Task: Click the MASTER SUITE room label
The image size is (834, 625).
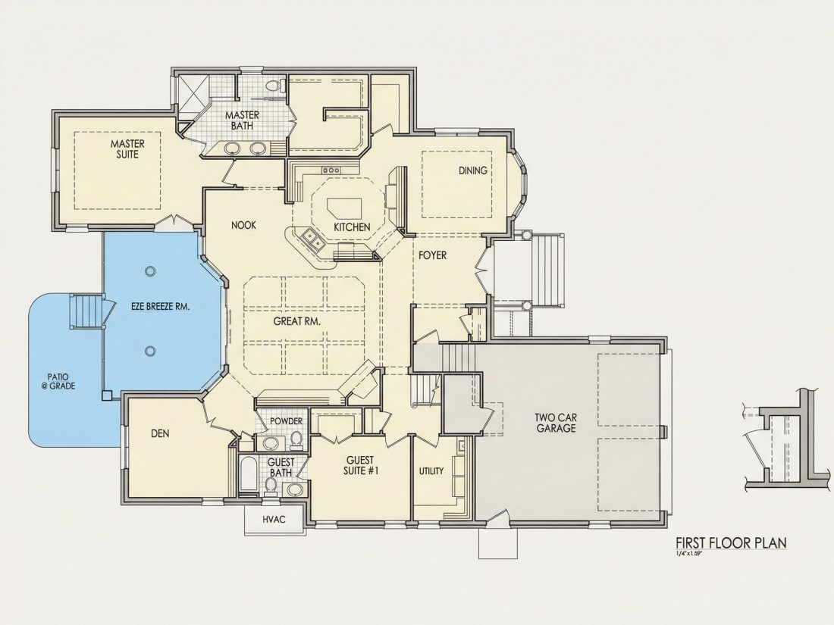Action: pos(127,148)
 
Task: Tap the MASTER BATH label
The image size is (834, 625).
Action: pos(242,120)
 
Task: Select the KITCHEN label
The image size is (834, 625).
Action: pos(352,227)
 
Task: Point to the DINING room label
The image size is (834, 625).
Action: pos(473,170)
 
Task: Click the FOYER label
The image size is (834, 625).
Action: pos(432,255)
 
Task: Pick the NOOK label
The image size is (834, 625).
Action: pos(243,225)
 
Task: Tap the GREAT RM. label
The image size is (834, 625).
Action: pos(296,321)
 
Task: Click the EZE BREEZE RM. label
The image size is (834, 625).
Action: pos(161,307)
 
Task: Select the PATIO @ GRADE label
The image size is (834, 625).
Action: pos(58,382)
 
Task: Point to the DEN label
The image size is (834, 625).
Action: pos(160,433)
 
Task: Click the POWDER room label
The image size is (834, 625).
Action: pos(286,421)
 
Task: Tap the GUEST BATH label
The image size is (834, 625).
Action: pos(281,467)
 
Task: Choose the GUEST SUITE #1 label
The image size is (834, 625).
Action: pos(361,465)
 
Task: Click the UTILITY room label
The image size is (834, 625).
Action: pos(431,471)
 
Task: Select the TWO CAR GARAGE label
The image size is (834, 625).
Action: pos(556,423)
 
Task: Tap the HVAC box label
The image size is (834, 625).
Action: pos(274,519)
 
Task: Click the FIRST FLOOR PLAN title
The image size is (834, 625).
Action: pos(731,542)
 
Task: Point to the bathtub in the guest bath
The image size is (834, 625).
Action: pos(248,474)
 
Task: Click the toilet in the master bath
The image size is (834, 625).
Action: pos(274,86)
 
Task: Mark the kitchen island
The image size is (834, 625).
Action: pos(345,208)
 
